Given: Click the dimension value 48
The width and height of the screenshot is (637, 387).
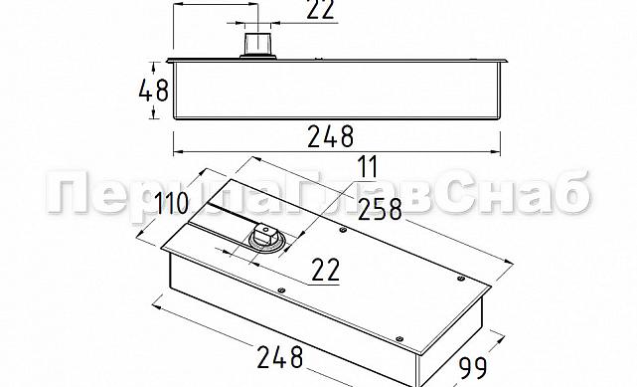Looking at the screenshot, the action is pos(154,91).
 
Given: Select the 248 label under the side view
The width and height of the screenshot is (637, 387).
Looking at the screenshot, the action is pos(331,136).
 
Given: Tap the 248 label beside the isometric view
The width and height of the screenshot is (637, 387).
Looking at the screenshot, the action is pos(280,357).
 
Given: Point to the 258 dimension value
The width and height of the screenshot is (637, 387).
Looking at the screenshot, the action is pos(380,209).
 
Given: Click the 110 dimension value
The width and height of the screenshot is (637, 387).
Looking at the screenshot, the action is pos(172,202).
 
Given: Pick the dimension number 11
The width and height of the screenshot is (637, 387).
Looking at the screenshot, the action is pos(368,167).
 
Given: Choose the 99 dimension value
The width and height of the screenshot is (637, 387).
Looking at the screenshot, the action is pos(473,368).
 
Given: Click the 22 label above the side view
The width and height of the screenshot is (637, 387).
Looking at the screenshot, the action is pos(321,9).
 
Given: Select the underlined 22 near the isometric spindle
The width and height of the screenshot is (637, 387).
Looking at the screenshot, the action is pos(325,270).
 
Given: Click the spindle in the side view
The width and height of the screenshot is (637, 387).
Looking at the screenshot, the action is pos(257,45).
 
